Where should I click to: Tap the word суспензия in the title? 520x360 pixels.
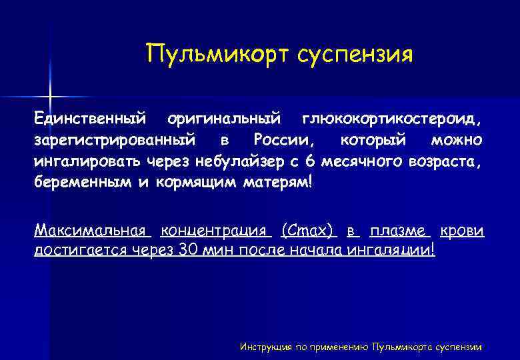[355, 54]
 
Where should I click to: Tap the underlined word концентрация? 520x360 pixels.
[216, 231]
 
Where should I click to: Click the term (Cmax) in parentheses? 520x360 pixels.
[308, 231]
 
